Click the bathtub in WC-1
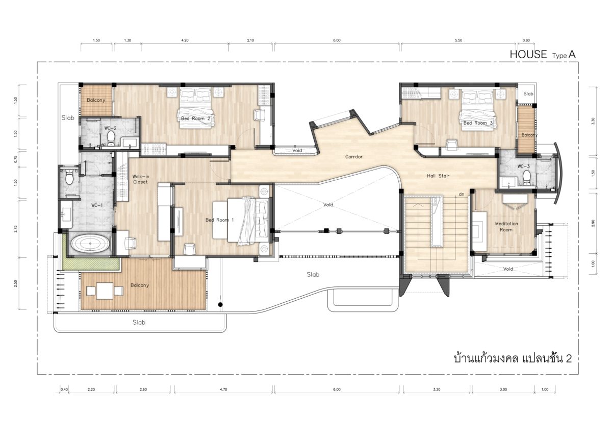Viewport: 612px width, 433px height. [x=90, y=244]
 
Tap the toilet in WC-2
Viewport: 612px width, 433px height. [x=111, y=138]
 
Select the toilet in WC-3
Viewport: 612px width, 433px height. [x=526, y=178]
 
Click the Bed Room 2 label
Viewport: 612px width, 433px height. [x=196, y=118]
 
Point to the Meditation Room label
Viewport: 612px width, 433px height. [x=506, y=227]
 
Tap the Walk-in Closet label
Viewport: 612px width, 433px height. [x=140, y=179]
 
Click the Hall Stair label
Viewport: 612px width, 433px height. [x=438, y=176]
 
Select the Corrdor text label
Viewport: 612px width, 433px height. [x=354, y=157]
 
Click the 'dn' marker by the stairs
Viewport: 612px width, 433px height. [x=462, y=194]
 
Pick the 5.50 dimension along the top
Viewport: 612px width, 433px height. [x=458, y=40]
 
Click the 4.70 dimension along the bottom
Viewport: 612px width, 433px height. [x=223, y=389]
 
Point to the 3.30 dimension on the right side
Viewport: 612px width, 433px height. [x=593, y=121]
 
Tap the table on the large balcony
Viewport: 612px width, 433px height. [x=105, y=291]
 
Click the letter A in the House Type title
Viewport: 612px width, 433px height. [x=572, y=55]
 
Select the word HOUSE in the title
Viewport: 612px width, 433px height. [x=528, y=55]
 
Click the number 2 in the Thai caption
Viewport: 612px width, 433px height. [x=569, y=358]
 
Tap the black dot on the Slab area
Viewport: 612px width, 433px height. [x=220, y=305]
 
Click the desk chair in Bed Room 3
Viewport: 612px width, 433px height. [x=452, y=144]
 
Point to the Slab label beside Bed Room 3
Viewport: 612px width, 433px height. [x=528, y=94]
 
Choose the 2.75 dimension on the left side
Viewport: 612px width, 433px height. [x=16, y=229]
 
